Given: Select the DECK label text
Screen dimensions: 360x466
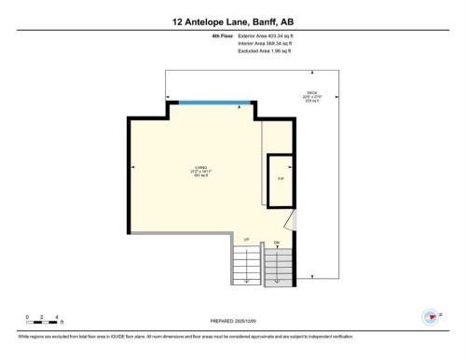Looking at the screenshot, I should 312,93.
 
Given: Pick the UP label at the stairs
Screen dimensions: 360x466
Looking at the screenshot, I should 247,241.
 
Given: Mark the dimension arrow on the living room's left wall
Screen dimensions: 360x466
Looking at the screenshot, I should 134,168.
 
